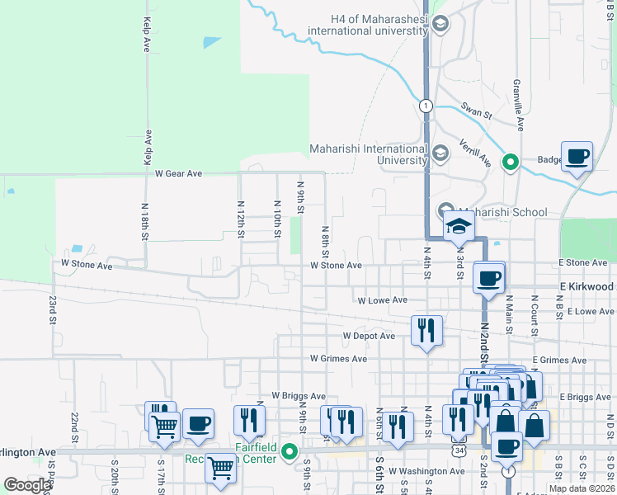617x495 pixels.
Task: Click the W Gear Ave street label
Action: (179, 174)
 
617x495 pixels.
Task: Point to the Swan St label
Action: (476, 109)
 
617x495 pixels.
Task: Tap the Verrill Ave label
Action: (474, 153)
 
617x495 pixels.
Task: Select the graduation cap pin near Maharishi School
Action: (458, 227)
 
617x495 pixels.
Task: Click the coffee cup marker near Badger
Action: (577, 156)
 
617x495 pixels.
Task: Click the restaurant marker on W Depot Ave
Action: (426, 331)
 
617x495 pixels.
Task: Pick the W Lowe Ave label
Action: (382, 300)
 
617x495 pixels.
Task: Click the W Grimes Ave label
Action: (338, 359)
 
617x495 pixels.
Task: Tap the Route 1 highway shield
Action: (426, 106)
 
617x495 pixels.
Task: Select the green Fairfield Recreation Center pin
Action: (289, 451)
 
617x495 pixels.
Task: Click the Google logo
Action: (27, 485)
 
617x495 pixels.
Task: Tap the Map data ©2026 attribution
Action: (581, 488)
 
